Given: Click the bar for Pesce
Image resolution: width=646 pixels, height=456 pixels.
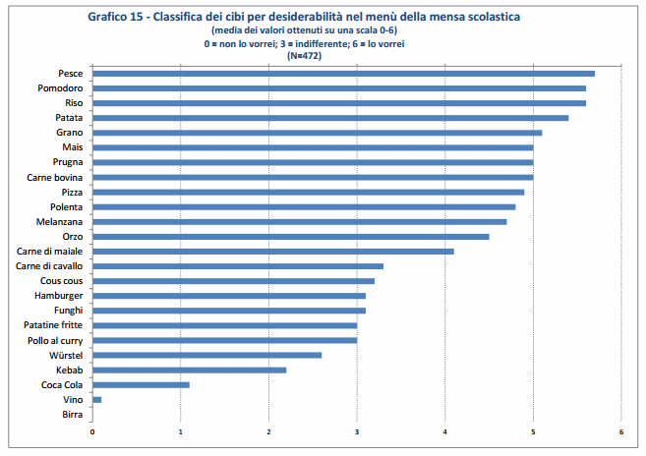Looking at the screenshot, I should [343, 74].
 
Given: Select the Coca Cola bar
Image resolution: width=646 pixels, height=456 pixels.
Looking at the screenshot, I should [141, 384].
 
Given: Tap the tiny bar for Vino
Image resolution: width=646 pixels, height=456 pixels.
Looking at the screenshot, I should [96, 399].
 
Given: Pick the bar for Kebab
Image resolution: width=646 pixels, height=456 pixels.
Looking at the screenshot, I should [189, 370].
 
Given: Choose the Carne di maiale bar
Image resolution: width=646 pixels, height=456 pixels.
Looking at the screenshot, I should [272, 252].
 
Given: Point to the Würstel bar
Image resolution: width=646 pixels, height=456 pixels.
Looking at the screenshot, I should [206, 355].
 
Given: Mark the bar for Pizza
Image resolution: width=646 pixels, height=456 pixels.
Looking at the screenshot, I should [308, 192].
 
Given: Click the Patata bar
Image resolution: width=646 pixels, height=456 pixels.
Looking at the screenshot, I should [330, 118].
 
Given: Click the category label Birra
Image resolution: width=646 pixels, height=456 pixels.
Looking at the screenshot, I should [72, 414].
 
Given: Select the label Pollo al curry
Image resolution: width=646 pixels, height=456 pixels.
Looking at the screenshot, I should [56, 340].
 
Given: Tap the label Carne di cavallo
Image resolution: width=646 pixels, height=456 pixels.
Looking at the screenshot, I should [50, 266].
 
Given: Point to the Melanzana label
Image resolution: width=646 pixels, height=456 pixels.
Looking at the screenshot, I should [59, 222].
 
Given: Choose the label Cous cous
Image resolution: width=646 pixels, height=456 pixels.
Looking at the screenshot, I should [61, 281].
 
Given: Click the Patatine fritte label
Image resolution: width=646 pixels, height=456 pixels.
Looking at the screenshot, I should [53, 325].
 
